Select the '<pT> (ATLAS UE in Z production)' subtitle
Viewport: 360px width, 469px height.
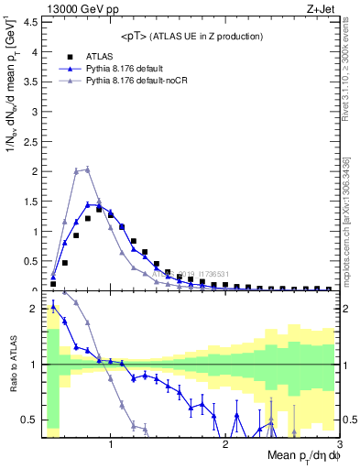(x=191, y=36)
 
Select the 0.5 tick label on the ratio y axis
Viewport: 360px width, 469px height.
(x=29, y=420)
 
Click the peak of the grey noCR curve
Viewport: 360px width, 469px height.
(x=87, y=169)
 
